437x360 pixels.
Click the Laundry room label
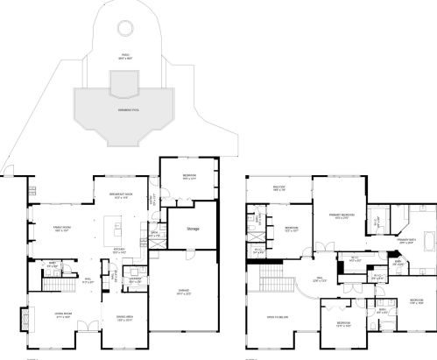136,281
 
